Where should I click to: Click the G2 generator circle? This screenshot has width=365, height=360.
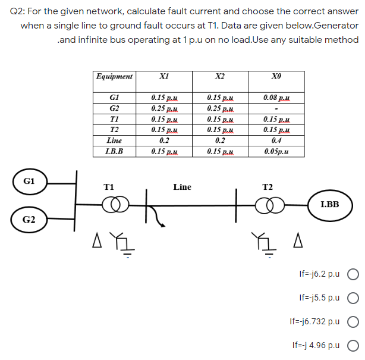29,220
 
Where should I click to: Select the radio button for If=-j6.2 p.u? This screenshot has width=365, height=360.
353,276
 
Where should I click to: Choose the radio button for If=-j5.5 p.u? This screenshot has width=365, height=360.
353,297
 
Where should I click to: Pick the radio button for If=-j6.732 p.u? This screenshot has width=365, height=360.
353,321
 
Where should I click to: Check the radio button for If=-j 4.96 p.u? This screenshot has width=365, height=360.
353,345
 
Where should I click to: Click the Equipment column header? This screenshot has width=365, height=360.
115,77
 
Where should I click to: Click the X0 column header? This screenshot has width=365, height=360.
275,77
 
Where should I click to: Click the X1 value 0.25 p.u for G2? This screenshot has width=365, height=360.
164,108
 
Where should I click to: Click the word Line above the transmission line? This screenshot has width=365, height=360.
182,187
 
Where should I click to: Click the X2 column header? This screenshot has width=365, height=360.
220,77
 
